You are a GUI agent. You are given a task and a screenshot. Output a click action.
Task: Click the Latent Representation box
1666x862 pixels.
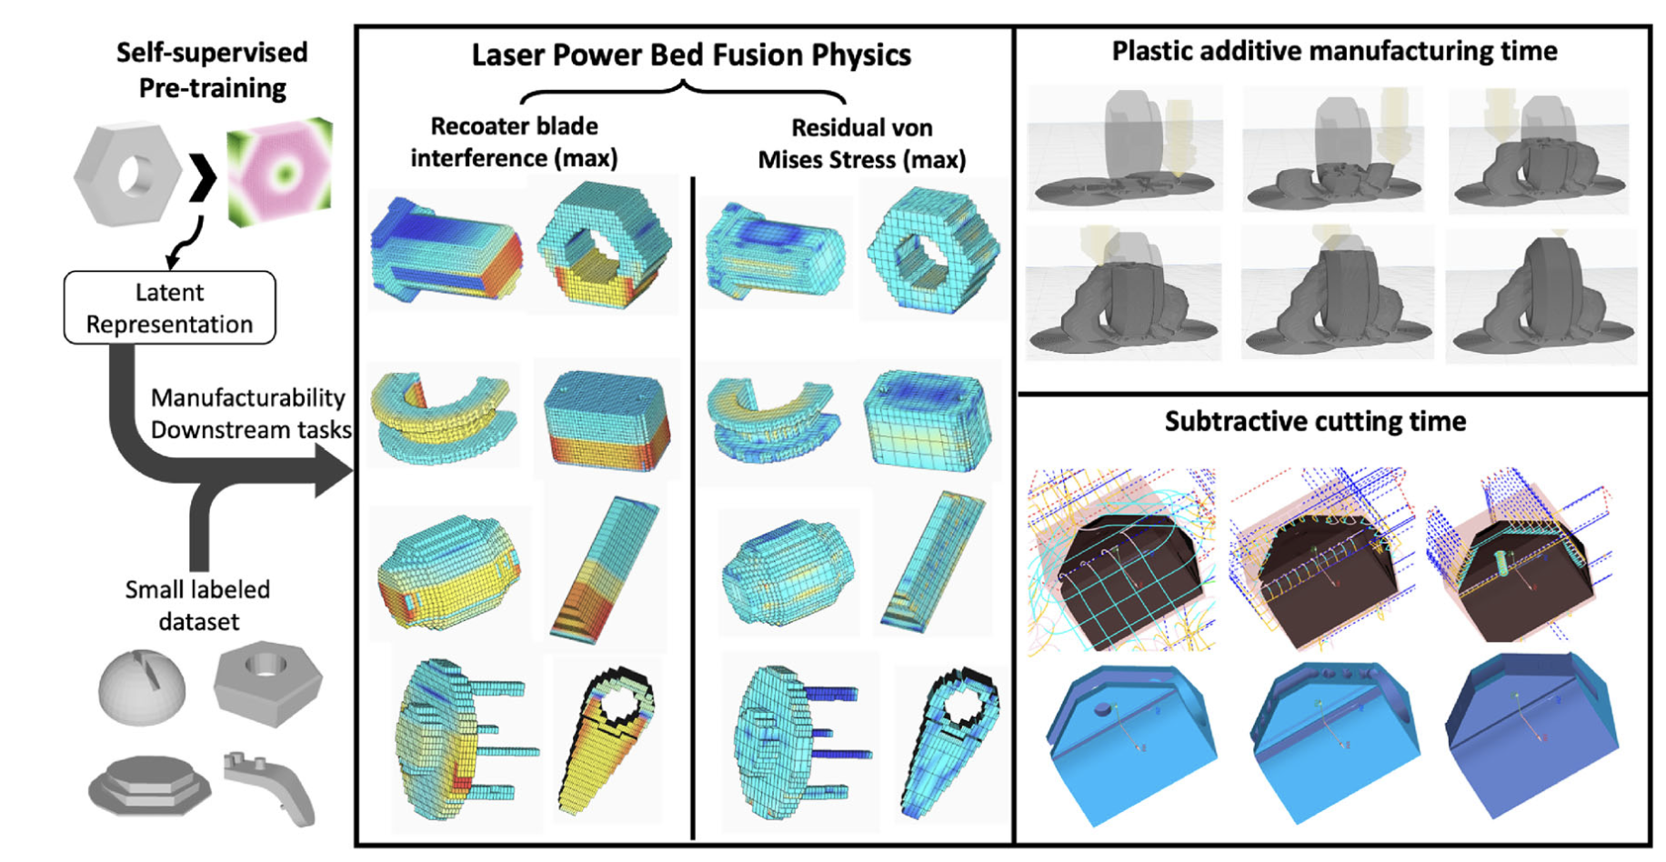coord(169,307)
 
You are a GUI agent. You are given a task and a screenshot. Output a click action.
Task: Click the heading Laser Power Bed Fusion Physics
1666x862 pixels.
coord(691,55)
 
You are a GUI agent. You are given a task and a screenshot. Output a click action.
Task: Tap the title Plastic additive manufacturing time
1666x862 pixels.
coord(1334,51)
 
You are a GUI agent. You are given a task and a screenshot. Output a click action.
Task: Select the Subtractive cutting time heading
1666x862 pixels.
coord(1315,421)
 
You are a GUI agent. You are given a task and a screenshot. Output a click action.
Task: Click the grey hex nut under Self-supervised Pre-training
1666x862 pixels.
coord(128,175)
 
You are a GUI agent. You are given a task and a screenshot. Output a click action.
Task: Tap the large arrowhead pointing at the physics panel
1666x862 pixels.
coord(333,470)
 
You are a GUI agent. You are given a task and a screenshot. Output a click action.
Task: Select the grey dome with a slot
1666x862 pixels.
coord(141,686)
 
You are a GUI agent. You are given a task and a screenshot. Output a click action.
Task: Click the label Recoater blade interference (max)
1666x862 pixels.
coord(514,142)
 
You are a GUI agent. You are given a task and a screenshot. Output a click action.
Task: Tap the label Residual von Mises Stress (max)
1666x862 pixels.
coord(861,144)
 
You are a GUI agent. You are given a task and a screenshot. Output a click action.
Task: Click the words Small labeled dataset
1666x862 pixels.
coord(197,606)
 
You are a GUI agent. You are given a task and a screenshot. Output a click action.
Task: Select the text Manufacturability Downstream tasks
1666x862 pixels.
coord(249,414)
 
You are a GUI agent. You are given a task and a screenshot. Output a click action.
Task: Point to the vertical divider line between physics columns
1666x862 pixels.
coord(693,509)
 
